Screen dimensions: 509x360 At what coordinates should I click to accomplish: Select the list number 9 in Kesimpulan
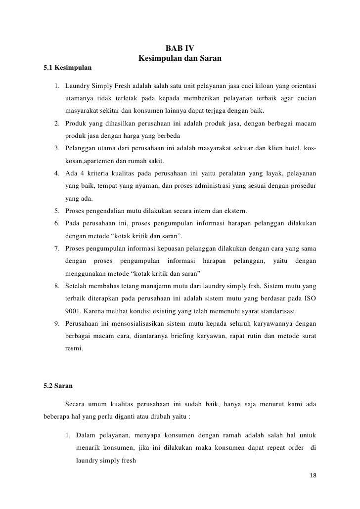(57, 324)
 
